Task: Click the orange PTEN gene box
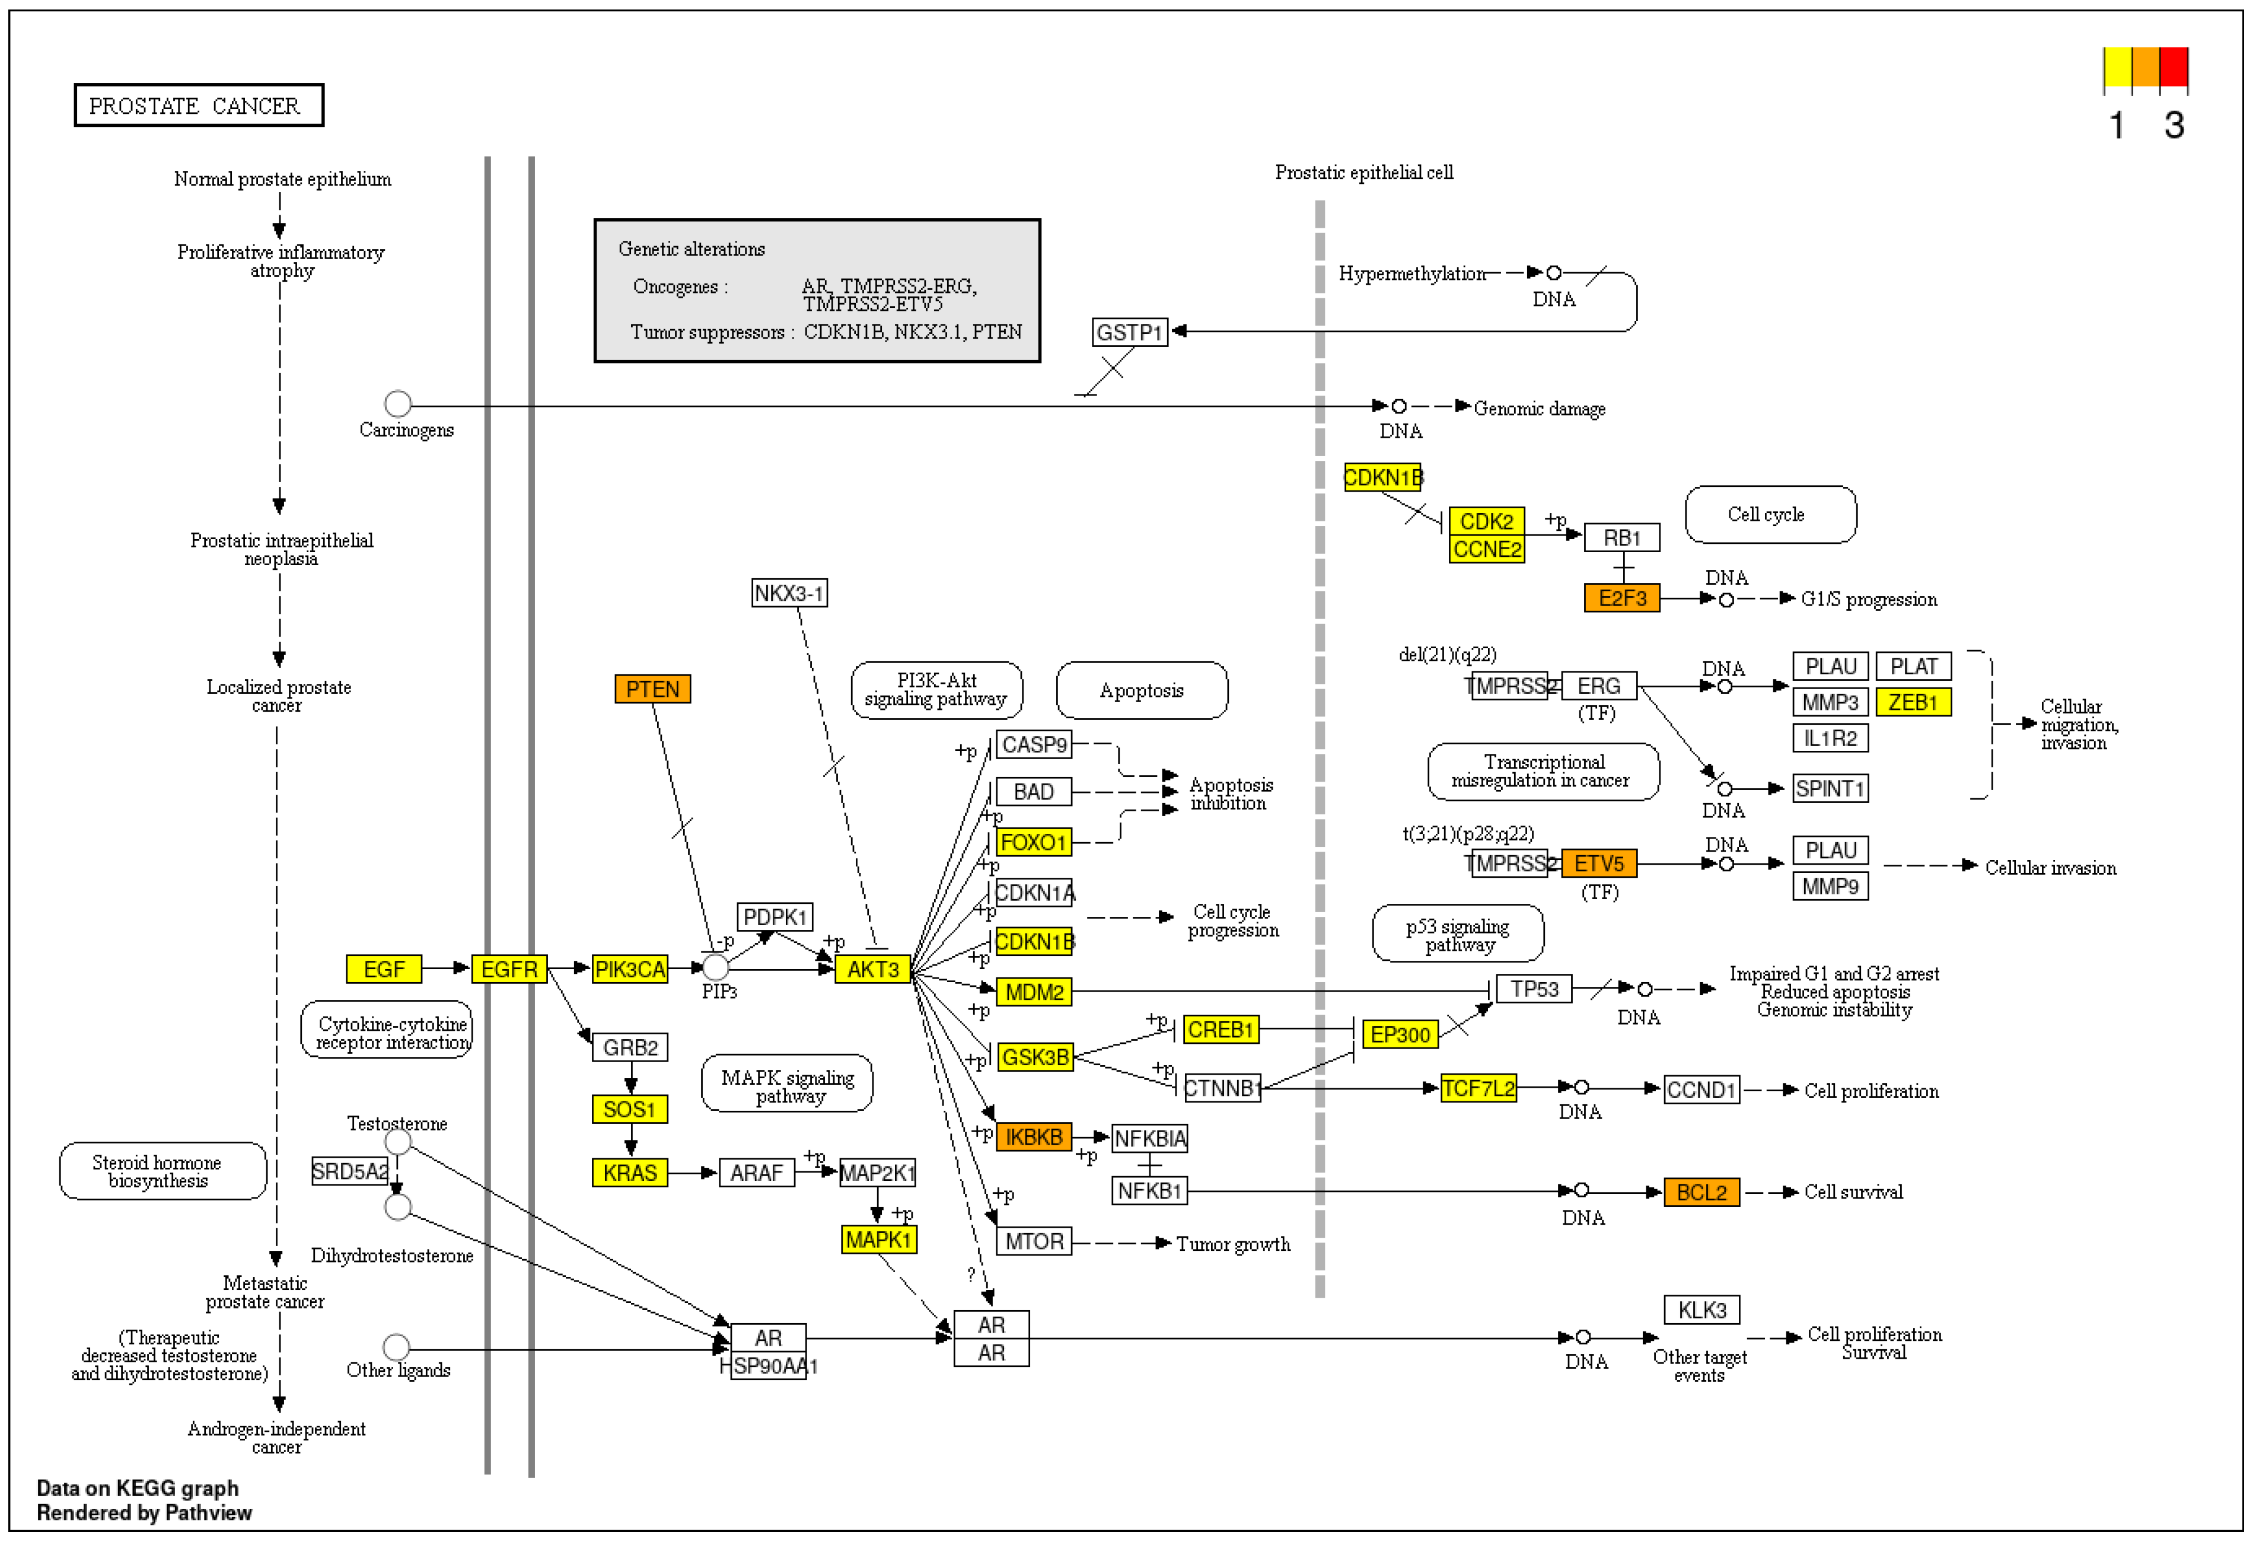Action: coord(652,689)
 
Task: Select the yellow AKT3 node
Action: coord(873,969)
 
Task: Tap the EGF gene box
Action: coord(384,969)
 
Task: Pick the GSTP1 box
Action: coord(1129,332)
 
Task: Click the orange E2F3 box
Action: coord(1621,598)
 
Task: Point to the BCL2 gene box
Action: coord(1701,1193)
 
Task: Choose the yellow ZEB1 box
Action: coord(1913,702)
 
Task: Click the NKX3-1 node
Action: coord(789,593)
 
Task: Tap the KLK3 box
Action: coord(1701,1310)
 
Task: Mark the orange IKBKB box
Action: coord(1033,1137)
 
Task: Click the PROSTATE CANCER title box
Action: coord(199,106)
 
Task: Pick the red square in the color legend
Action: coord(2174,67)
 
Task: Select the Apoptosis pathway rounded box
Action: coord(1142,690)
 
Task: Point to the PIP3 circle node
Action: coord(715,967)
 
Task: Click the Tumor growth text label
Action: coord(1233,1244)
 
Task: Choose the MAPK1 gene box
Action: coord(878,1240)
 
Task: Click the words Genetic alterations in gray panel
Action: coord(691,250)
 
